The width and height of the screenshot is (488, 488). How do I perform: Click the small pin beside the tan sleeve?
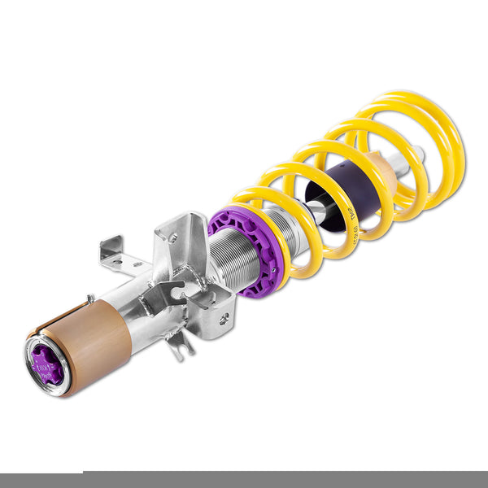coord(89,298)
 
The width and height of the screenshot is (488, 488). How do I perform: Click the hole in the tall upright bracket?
coord(172,238)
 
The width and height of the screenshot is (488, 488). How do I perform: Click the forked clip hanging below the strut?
coord(181,345)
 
